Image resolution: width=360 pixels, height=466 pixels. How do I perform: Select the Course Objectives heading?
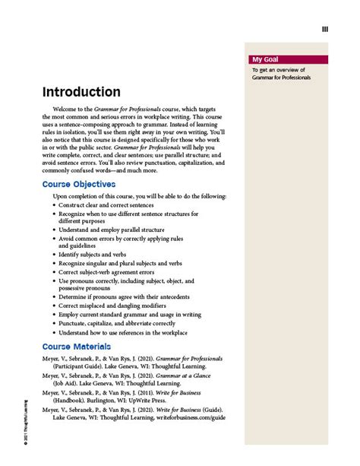pyautogui.click(x=79, y=184)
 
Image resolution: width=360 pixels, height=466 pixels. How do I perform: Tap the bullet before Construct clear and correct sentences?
pyautogui.click(x=55, y=205)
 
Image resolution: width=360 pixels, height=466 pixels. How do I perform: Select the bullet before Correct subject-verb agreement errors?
pyautogui.click(x=55, y=271)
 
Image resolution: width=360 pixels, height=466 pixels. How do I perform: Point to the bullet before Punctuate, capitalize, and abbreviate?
pyautogui.click(x=55, y=323)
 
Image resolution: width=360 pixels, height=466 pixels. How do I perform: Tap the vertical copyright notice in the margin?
pyautogui.click(x=25, y=430)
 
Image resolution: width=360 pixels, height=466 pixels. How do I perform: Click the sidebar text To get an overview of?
pyautogui.click(x=276, y=71)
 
